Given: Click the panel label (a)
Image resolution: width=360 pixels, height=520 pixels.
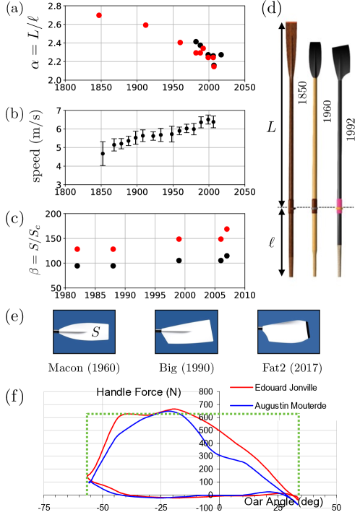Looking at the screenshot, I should click(12, 10).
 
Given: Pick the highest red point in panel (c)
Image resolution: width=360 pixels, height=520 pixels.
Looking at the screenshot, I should click(227, 229).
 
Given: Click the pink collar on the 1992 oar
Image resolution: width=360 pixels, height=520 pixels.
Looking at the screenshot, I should click(336, 204).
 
